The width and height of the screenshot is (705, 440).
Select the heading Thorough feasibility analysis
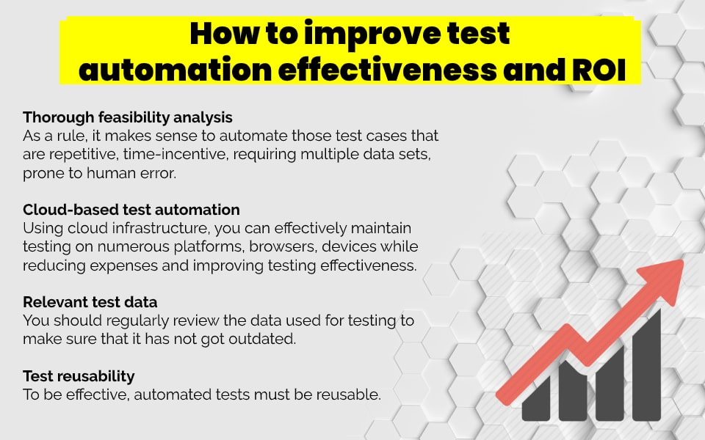tap(128, 117)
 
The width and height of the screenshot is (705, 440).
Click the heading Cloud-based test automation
tap(131, 210)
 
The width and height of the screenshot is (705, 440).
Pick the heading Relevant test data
tap(90, 302)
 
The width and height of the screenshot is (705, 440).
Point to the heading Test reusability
tap(79, 376)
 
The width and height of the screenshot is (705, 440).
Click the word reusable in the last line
tap(351, 395)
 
